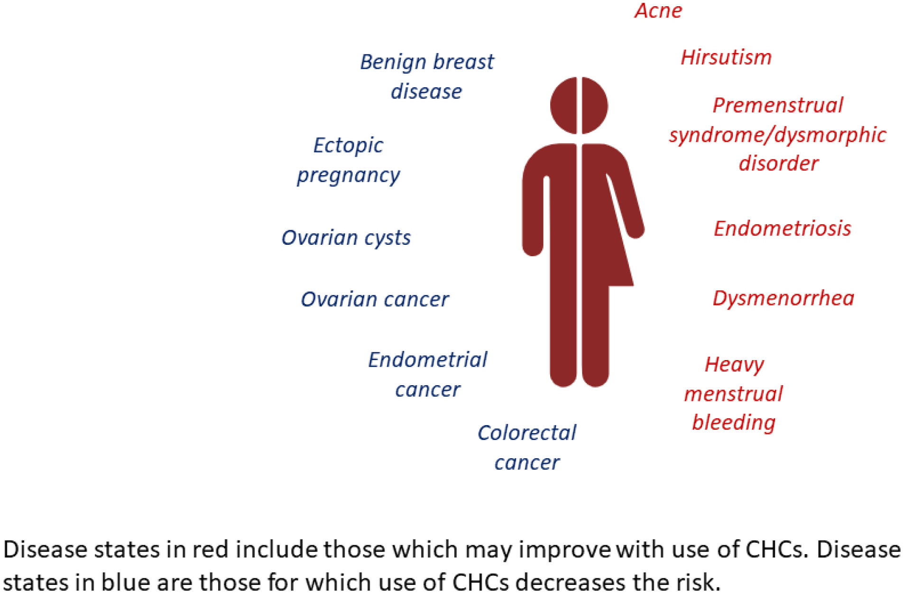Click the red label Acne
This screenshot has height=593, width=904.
[658, 10]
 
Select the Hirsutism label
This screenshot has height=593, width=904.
[726, 57]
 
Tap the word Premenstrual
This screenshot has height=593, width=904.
[778, 105]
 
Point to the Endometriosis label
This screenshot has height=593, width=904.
[782, 229]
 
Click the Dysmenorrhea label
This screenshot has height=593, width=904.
[783, 298]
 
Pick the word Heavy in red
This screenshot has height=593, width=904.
[734, 365]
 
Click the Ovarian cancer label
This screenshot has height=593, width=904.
[375, 300]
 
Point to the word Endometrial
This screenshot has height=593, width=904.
[427, 360]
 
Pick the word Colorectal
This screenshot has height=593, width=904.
[526, 433]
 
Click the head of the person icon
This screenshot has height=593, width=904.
[579, 105]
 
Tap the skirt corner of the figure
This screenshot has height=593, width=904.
[633, 286]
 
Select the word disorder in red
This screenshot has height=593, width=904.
[778, 164]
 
